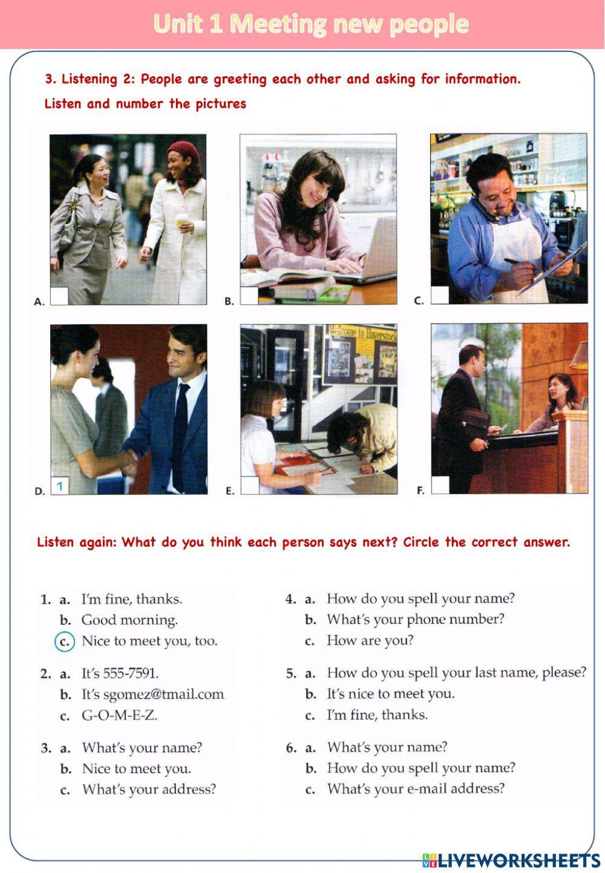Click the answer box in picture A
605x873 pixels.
coord(59,296)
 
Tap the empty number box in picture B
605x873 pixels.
coord(249,296)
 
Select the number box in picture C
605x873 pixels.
coord(440,295)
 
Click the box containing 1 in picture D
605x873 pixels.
coord(60,486)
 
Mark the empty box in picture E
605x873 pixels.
coord(250,486)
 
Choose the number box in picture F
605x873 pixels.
coord(440,485)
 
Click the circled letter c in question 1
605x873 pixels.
coord(65,641)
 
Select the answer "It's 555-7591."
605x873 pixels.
coord(120,673)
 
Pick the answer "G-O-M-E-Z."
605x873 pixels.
coord(119,715)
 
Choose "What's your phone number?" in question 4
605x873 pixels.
coord(416,619)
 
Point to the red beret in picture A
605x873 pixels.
coord(183,151)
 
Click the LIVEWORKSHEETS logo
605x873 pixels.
coord(511,860)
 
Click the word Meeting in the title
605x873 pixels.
coord(278,24)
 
